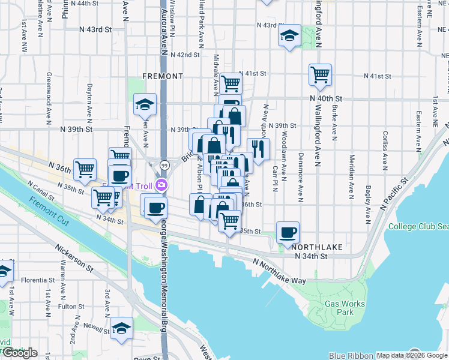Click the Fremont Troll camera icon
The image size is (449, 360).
click(161, 185)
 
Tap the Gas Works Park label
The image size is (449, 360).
click(345, 308)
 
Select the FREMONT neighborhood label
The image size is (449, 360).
click(163, 76)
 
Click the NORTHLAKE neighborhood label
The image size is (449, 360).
click(310, 247)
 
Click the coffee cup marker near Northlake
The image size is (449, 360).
click(288, 232)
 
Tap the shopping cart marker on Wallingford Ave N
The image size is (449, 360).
click(320, 74)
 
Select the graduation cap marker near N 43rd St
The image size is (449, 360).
click(289, 36)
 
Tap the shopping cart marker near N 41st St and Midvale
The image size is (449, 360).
click(231, 83)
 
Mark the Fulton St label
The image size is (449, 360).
click(72, 306)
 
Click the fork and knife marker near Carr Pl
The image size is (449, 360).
click(259, 149)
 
